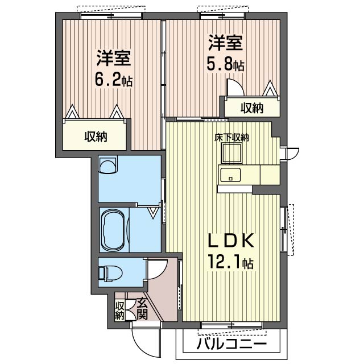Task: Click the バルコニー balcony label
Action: [231, 344]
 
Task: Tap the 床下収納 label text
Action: [231, 137]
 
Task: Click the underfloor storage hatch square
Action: [232, 153]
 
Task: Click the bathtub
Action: [113, 230]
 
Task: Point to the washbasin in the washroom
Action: [107, 165]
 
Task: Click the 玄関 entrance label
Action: [142, 309]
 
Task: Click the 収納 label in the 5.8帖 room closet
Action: [251, 108]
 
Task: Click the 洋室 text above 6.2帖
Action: [114, 58]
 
